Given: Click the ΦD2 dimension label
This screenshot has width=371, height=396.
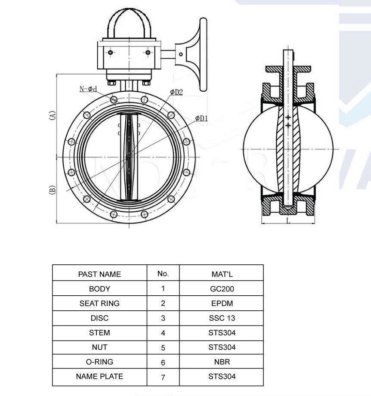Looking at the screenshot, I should click(x=176, y=92).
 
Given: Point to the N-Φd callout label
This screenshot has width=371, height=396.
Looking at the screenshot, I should click(x=88, y=89).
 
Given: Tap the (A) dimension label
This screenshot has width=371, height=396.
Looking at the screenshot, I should click(x=52, y=115).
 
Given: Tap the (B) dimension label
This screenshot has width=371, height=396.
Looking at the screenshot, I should click(x=52, y=189).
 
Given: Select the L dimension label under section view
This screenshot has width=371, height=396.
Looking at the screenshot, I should click(x=288, y=220).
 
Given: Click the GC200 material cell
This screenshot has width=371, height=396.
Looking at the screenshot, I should click(x=222, y=289).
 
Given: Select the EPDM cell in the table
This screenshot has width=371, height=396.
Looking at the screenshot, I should click(x=222, y=303).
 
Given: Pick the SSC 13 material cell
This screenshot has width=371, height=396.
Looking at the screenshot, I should click(x=222, y=318).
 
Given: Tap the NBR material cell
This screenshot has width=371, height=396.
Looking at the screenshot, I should click(x=222, y=362).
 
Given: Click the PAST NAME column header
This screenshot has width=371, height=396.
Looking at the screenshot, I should click(x=99, y=274).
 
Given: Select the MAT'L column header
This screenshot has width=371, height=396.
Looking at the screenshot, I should click(x=222, y=274).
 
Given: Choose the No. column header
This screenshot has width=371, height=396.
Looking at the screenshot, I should click(x=163, y=273).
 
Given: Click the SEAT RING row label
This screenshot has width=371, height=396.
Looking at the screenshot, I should click(x=99, y=303).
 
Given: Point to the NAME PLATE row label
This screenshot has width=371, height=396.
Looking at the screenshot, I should click(x=99, y=376).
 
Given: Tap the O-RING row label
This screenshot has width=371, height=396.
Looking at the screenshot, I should click(x=99, y=362).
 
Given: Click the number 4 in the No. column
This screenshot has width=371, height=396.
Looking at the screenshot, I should click(x=163, y=333).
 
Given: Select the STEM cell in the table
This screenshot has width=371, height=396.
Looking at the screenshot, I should click(x=99, y=333).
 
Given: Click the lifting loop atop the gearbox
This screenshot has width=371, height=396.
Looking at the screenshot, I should click(x=127, y=22).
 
